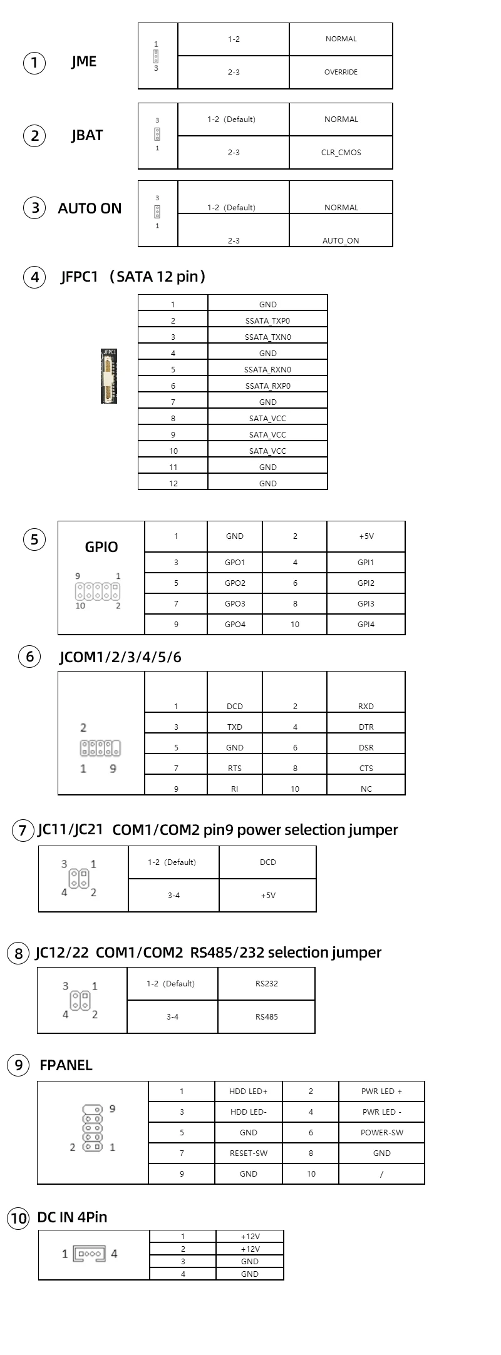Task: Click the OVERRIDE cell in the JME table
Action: pyautogui.click(x=341, y=72)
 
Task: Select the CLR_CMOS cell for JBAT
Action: pyautogui.click(x=341, y=152)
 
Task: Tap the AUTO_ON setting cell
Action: pyautogui.click(x=341, y=230)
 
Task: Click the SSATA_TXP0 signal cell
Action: pyautogui.click(x=267, y=320)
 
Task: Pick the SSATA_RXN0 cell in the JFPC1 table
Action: pyautogui.click(x=267, y=369)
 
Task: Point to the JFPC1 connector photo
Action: pyautogui.click(x=110, y=376)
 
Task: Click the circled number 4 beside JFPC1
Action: pyautogui.click(x=34, y=277)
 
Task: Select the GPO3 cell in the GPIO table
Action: pyautogui.click(x=235, y=604)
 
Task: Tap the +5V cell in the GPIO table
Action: pyautogui.click(x=366, y=536)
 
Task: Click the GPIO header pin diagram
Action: pyautogui.click(x=98, y=591)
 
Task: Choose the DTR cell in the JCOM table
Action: pyautogui.click(x=366, y=727)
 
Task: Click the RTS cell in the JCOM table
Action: pyautogui.click(x=235, y=768)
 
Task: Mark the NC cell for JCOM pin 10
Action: pyautogui.click(x=366, y=789)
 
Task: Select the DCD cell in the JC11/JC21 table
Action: pyautogui.click(x=267, y=862)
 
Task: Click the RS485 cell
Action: pyautogui.click(x=266, y=1016)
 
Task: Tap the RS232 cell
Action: pyautogui.click(x=266, y=983)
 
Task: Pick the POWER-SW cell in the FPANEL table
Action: pyautogui.click(x=381, y=1132)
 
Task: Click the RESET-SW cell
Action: pyautogui.click(x=249, y=1153)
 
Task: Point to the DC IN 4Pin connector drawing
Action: pyautogui.click(x=90, y=1254)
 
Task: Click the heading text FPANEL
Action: pyautogui.click(x=66, y=1065)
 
